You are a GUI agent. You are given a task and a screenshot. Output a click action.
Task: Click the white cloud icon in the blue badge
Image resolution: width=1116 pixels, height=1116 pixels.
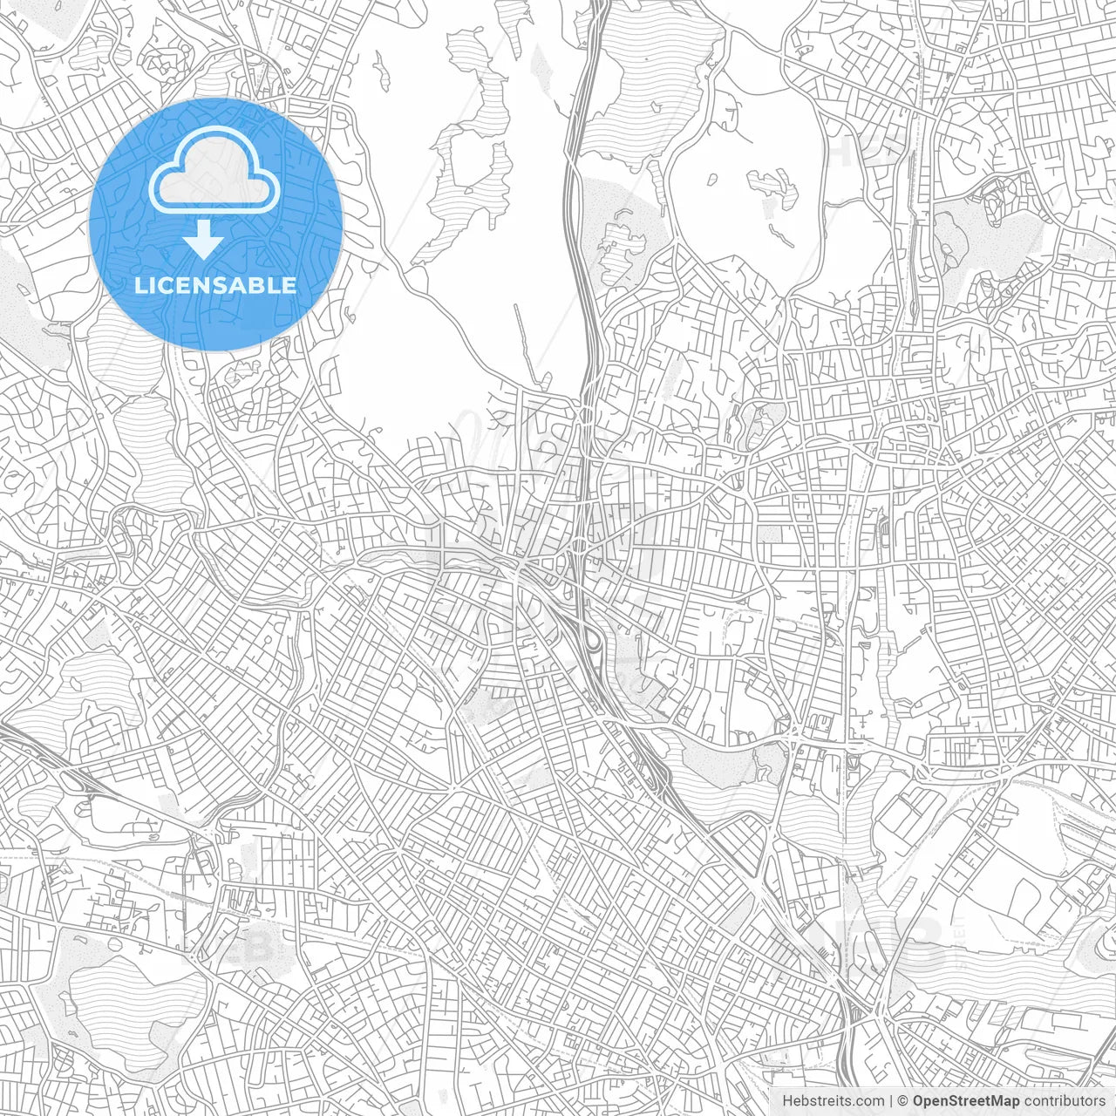[214, 174]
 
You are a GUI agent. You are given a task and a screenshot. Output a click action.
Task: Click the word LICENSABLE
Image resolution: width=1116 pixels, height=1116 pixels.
[215, 285]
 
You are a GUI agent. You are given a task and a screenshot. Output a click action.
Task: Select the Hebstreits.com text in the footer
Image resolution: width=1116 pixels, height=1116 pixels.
[832, 1101]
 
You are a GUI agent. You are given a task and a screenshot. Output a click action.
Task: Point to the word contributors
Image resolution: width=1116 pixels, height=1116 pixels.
[1062, 1101]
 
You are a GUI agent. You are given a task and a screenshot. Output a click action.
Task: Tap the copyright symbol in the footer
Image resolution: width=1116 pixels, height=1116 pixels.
[903, 1101]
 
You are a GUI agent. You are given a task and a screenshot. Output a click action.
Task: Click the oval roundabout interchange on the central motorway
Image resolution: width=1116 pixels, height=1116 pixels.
[579, 546]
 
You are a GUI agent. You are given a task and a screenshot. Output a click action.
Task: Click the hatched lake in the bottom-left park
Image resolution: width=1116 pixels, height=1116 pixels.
[131, 994]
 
